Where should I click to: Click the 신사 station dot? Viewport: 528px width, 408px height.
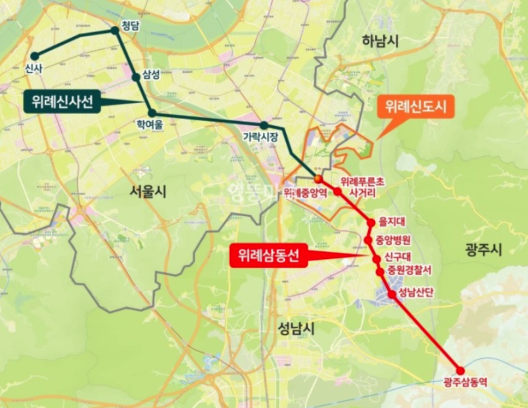point(35,56)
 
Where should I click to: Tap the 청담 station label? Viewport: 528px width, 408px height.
point(130,26)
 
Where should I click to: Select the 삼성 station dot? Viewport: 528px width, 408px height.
point(136,77)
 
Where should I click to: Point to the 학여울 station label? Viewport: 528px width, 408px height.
point(150,124)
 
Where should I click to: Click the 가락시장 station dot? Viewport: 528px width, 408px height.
point(264,125)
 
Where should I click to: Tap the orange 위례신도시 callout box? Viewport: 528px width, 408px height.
point(415,106)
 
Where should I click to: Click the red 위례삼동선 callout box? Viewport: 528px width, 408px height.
point(269,256)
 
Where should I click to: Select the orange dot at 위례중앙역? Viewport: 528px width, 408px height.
point(318,179)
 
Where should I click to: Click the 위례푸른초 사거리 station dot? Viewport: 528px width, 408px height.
point(337,191)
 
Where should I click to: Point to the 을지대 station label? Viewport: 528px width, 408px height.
point(392,221)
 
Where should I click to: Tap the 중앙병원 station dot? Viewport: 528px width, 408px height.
point(368,240)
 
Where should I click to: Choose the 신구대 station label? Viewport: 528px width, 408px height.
point(398,257)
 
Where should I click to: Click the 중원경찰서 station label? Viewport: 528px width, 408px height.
point(409,270)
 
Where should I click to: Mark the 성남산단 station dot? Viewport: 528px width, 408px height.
point(392,294)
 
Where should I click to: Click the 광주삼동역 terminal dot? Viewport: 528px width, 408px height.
point(460,370)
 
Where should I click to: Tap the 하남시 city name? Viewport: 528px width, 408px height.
point(380,41)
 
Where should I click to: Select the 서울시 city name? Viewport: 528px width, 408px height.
point(148,192)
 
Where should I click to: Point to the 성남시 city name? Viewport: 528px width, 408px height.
point(296,329)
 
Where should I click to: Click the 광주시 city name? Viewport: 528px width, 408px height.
point(483,249)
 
